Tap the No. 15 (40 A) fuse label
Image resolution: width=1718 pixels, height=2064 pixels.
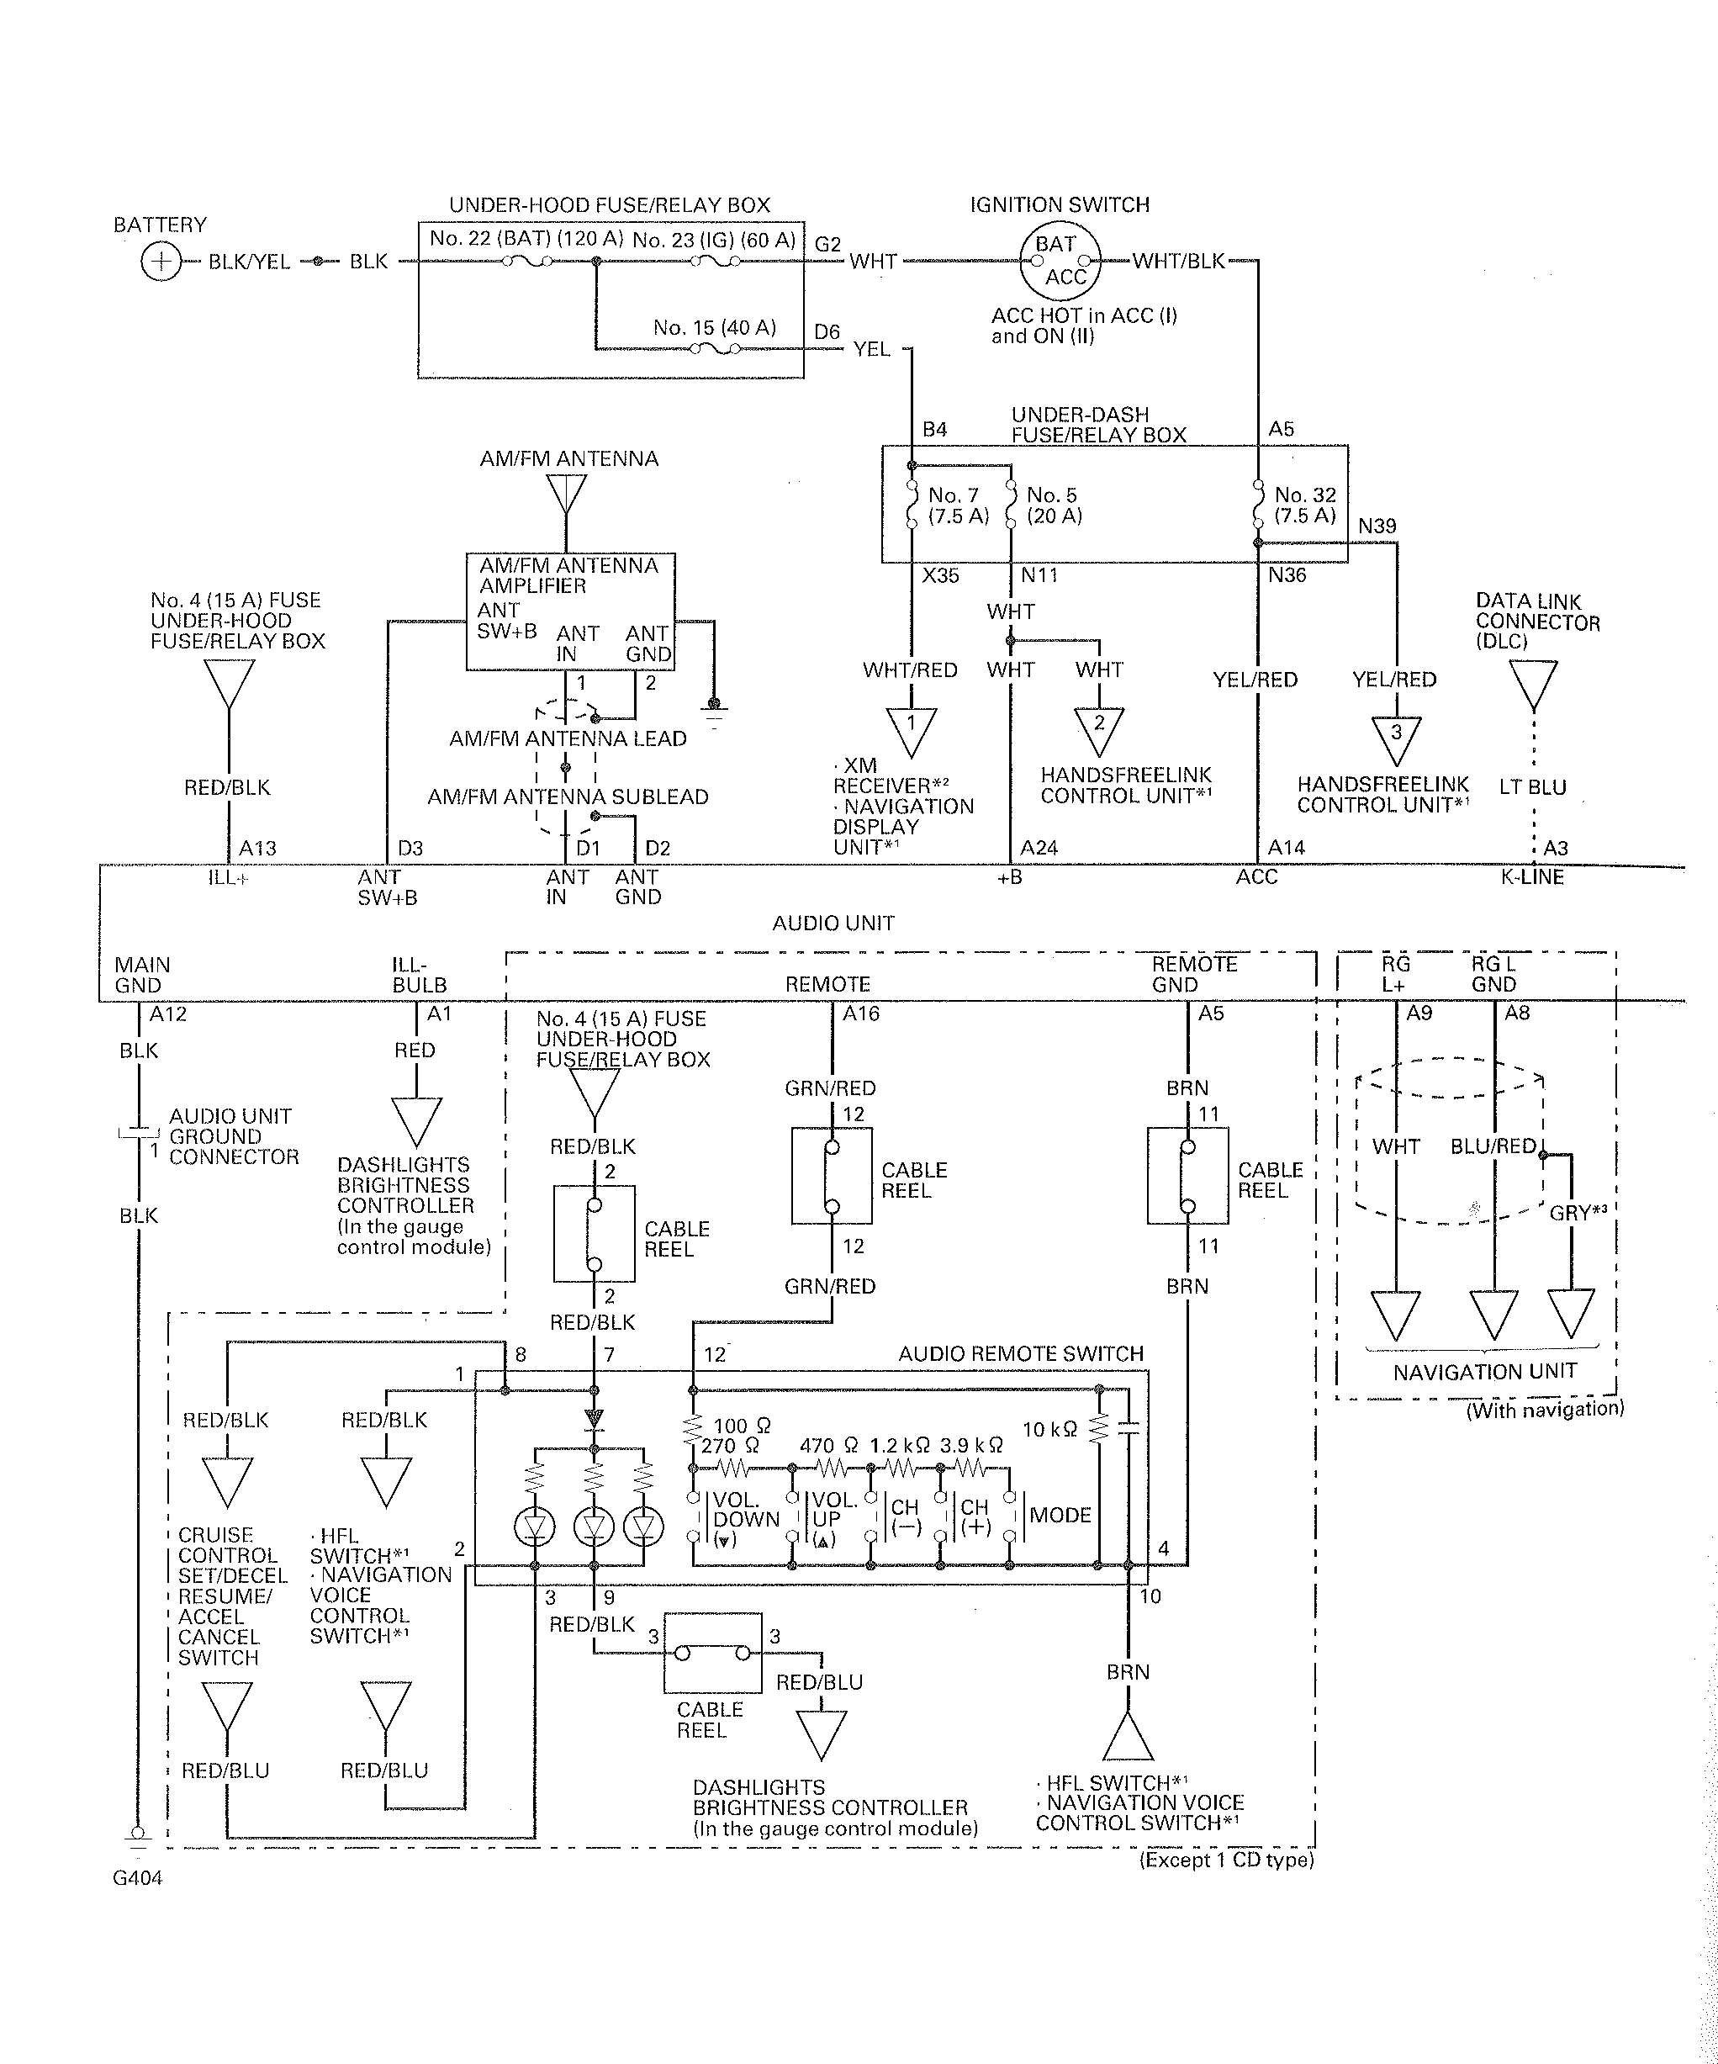pyautogui.click(x=715, y=327)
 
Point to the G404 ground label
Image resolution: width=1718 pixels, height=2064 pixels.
pyautogui.click(x=138, y=1878)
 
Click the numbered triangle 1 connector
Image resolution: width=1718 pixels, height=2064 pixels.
pyautogui.click(x=911, y=733)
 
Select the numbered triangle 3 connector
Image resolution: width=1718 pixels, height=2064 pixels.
pyautogui.click(x=1396, y=740)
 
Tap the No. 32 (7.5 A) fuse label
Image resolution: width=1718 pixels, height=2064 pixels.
pyautogui.click(x=1305, y=505)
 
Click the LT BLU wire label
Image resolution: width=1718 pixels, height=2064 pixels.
pyautogui.click(x=1532, y=787)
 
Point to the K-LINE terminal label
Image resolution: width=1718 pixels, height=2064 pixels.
pyautogui.click(x=1532, y=876)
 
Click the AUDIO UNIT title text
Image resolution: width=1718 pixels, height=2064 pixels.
pyautogui.click(x=833, y=923)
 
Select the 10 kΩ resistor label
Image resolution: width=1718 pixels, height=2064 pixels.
pyautogui.click(x=1049, y=1429)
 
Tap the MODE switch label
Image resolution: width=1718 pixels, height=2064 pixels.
pyautogui.click(x=1060, y=1515)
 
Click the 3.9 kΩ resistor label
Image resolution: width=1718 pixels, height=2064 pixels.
pyautogui.click(x=971, y=1445)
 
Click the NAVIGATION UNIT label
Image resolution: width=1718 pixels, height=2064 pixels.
pyautogui.click(x=1484, y=1371)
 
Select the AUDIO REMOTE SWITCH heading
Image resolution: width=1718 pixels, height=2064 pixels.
pyautogui.click(x=1020, y=1353)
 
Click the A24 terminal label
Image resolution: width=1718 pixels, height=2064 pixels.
pyautogui.click(x=1039, y=847)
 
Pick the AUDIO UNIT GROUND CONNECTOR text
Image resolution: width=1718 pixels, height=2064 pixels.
pyautogui.click(x=234, y=1136)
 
